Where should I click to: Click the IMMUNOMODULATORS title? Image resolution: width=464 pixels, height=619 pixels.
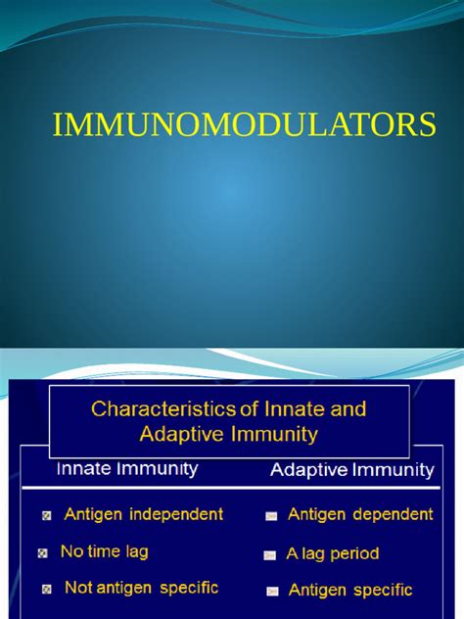[244, 125]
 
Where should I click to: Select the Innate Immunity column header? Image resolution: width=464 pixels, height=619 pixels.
[127, 469]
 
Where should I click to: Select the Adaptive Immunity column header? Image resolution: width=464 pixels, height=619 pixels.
[351, 470]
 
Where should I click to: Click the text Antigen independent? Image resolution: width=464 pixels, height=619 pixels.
[144, 513]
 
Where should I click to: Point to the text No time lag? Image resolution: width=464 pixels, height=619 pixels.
[104, 551]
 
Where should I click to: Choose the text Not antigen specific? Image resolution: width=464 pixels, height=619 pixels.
[141, 588]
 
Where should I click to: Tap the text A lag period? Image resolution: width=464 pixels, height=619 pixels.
[332, 553]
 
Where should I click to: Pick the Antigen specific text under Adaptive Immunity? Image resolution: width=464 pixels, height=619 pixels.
[350, 590]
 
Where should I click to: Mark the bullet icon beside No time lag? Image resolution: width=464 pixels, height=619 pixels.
[42, 553]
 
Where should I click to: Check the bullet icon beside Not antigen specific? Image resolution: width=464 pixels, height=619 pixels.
[47, 590]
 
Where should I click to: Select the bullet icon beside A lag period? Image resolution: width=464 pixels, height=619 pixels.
[269, 555]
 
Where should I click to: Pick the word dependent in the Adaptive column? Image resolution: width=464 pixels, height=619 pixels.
[390, 514]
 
